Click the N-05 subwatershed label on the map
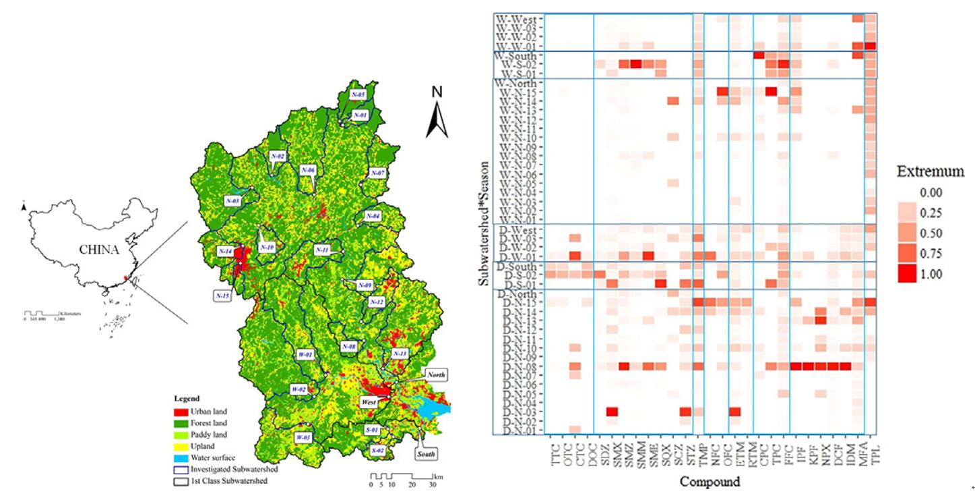tap(357, 94)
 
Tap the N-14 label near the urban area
tap(225, 251)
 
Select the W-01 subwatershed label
tap(305, 354)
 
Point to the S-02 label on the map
tap(377, 450)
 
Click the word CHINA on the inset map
tap(99, 249)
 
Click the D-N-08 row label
tap(518, 366)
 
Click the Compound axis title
tap(710, 482)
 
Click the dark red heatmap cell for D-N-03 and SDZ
tap(612, 412)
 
